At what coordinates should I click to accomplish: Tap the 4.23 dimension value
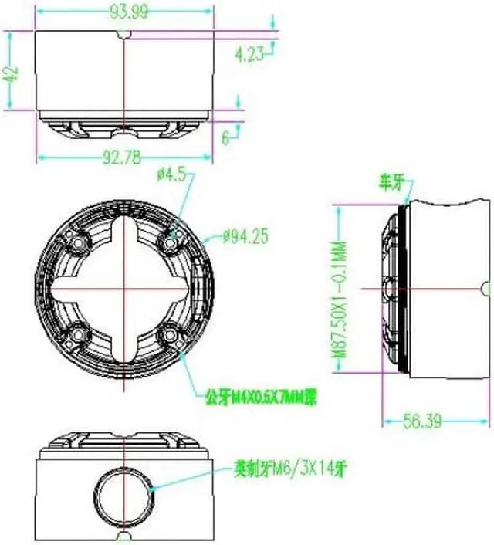(248, 53)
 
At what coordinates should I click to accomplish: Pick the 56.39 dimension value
(425, 421)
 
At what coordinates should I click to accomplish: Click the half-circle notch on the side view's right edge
(486, 288)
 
